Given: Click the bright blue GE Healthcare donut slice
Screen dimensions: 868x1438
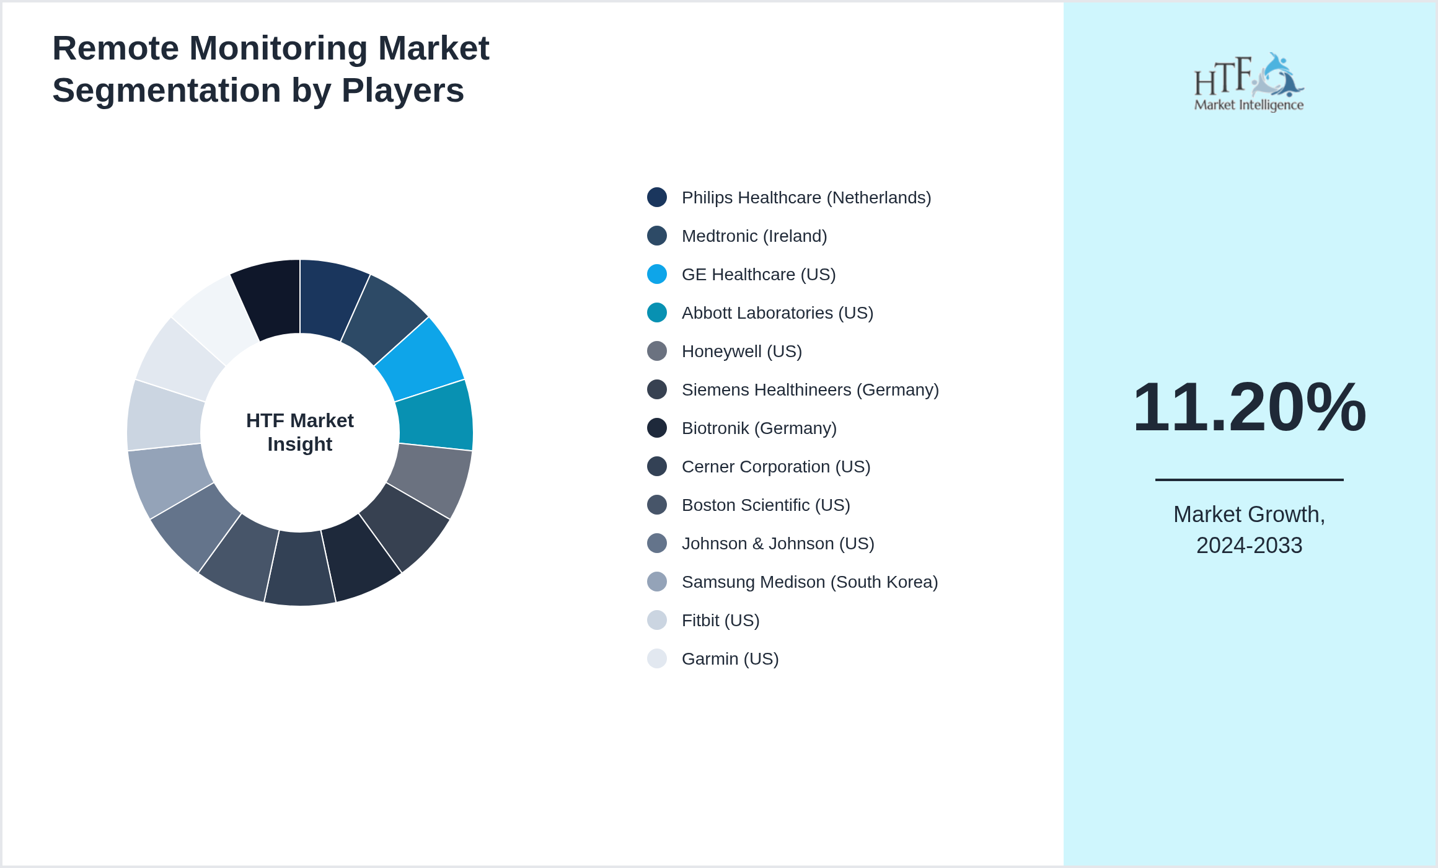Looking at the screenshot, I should (421, 360).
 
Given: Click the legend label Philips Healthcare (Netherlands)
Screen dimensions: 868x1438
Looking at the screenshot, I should (806, 198).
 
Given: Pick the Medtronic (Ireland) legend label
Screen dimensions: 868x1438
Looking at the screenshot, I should (754, 236).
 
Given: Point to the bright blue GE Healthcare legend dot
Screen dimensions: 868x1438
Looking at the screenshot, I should (657, 274).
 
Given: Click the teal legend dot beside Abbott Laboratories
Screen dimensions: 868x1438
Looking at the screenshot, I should (657, 312).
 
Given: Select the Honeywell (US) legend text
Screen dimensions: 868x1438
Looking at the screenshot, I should (741, 352).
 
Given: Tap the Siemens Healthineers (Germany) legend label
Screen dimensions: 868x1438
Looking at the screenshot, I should (809, 390).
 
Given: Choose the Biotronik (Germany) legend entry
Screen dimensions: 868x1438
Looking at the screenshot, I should (759, 428).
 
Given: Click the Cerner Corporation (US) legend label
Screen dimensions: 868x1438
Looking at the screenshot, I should (775, 467).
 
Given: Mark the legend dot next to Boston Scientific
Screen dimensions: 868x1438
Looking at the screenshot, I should (657, 505).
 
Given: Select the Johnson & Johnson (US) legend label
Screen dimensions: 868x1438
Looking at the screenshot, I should (777, 544).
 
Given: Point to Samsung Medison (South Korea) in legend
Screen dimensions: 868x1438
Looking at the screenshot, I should (809, 582).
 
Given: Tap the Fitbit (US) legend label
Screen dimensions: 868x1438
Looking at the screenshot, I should (720, 621).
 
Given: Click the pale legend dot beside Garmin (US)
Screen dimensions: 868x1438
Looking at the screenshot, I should (657, 658).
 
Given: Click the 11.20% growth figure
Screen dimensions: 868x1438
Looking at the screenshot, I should (1249, 407).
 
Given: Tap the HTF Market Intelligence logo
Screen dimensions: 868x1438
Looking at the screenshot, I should (1249, 82).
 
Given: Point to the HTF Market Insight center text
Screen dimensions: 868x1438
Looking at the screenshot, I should (300, 432).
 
